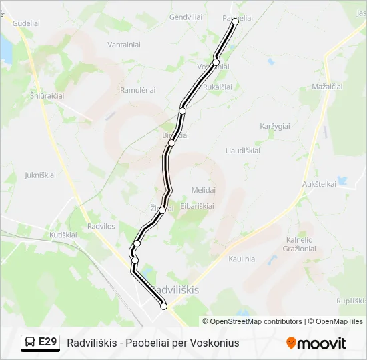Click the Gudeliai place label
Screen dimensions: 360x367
(26, 22)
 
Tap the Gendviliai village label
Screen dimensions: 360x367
(186, 17)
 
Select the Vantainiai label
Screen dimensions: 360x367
(123, 45)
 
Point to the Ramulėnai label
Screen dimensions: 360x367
(137, 89)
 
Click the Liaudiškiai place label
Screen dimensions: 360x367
(243, 150)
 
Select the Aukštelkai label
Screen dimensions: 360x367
(319, 183)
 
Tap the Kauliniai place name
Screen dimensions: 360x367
(243, 259)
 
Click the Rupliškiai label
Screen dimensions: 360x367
(351, 301)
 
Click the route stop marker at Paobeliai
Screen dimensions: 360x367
(235, 21)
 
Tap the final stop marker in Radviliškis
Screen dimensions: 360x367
(163, 306)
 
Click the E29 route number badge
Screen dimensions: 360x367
(40, 342)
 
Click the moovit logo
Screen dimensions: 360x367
(316, 343)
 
